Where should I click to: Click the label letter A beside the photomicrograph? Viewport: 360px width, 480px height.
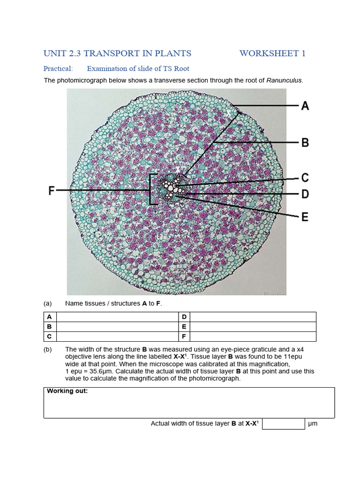pyautogui.click(x=305, y=106)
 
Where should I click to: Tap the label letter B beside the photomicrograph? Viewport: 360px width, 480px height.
pyautogui.click(x=305, y=142)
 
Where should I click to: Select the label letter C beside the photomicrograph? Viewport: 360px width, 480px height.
pyautogui.click(x=305, y=178)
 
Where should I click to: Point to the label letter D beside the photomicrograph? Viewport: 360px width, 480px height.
pyautogui.click(x=305, y=194)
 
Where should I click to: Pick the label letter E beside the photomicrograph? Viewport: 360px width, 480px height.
pyautogui.click(x=305, y=217)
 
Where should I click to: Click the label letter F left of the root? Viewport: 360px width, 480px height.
pyautogui.click(x=52, y=191)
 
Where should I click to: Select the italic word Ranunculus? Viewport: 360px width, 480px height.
pyautogui.click(x=284, y=80)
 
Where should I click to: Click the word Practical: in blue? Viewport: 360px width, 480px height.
pyautogui.click(x=58, y=68)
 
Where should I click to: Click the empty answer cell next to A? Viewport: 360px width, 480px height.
pyautogui.click(x=117, y=317)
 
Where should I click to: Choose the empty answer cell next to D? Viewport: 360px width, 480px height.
pyautogui.click(x=253, y=317)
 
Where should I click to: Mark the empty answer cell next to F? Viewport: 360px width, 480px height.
pyautogui.click(x=253, y=337)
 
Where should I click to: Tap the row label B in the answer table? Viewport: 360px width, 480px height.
pyautogui.click(x=49, y=327)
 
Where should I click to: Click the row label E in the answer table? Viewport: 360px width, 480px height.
pyautogui.click(x=184, y=327)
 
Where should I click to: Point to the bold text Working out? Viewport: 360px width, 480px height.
pyautogui.click(x=67, y=391)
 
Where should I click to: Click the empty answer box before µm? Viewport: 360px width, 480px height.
pyautogui.click(x=283, y=424)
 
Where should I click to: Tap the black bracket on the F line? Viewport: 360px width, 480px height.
pyautogui.click(x=151, y=190)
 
